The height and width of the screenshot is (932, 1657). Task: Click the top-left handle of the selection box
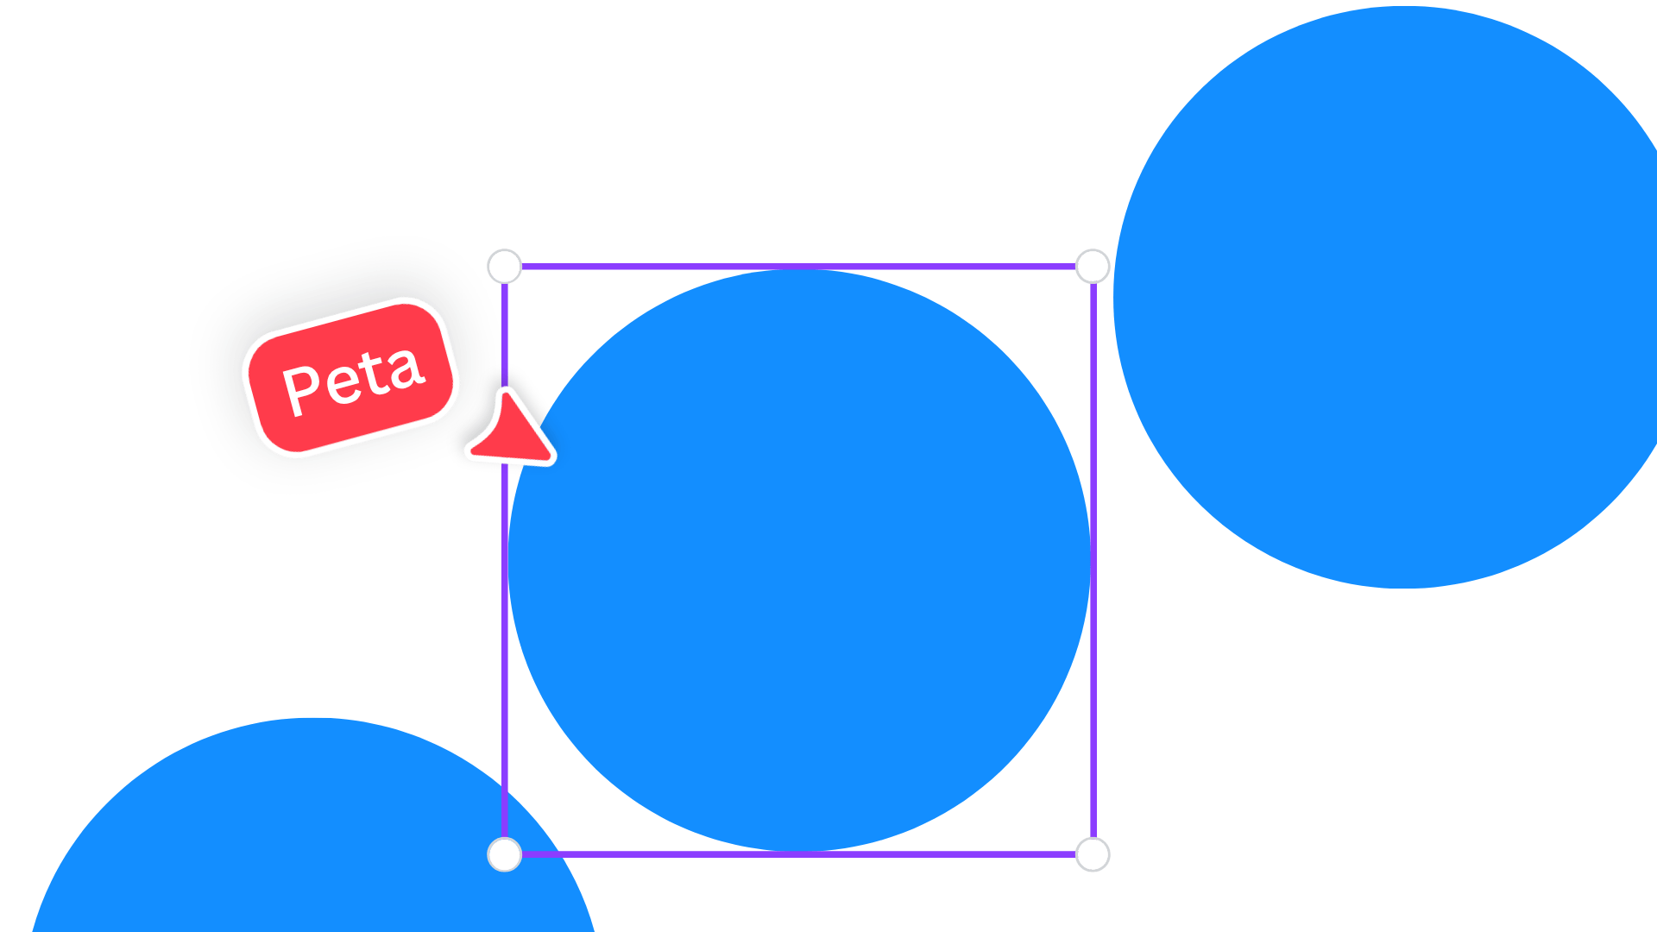(505, 267)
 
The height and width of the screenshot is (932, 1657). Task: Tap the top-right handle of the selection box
(1093, 267)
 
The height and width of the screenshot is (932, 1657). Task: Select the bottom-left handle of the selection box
(505, 854)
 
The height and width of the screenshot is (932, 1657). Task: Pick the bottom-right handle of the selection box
(1093, 854)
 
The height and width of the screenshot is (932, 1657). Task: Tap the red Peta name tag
(350, 377)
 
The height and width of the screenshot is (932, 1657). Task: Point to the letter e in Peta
(343, 381)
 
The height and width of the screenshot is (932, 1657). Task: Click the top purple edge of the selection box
(798, 267)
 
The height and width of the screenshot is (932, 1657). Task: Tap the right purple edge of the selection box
(1093, 560)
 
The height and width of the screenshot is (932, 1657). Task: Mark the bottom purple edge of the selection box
(798, 854)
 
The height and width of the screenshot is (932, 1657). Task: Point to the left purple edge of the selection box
(505, 560)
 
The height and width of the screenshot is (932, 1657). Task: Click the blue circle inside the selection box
(799, 560)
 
